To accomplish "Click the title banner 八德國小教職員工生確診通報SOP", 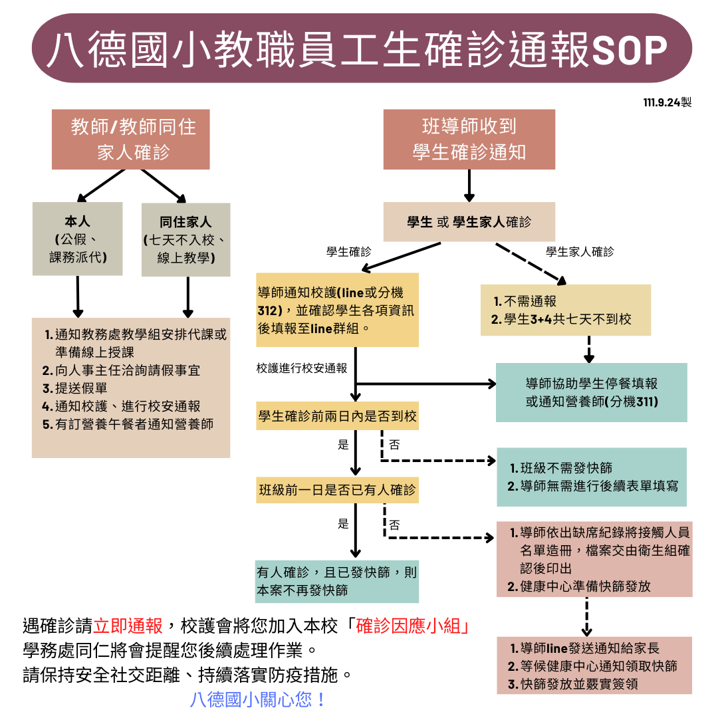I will point(359,48).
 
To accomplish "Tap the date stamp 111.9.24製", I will point(667,103).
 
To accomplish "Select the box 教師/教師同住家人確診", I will point(131,140).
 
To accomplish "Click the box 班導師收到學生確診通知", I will point(469,140).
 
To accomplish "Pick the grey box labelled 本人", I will point(78,239).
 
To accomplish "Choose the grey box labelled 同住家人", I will point(186,239).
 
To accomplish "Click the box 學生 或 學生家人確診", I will point(469,222).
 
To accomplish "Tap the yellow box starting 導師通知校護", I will point(338,310).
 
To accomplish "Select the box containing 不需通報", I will point(566,310).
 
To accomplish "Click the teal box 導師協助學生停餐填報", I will point(592,392).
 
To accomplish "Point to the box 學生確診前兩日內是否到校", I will point(338,416).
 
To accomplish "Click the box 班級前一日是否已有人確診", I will point(338,491).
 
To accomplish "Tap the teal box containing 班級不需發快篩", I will point(592,477).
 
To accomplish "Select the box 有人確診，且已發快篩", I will point(338,580).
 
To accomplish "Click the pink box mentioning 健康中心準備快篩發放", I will point(595,559).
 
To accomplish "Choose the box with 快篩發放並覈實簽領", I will point(594,665).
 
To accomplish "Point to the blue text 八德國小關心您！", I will point(258,699).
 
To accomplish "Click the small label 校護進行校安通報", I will point(302,368).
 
